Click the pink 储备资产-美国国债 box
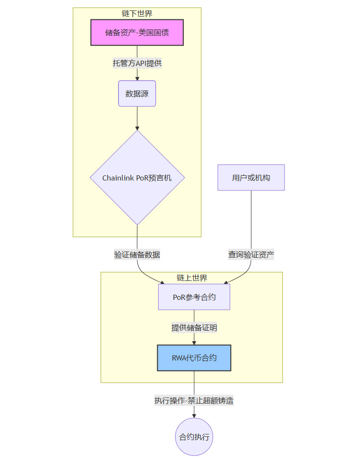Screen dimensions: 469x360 coord(137,33)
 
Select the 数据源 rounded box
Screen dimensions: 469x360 coord(137,93)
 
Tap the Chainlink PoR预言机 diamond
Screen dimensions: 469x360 coord(137,178)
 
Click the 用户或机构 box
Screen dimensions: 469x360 coord(251,178)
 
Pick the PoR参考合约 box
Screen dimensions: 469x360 coord(194,297)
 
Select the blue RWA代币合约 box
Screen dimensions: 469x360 coord(194,358)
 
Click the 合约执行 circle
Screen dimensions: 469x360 coord(194,437)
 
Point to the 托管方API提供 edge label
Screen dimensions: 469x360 coord(137,63)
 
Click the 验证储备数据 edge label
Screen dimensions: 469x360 coord(137,254)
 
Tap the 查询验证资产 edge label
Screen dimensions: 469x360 coord(251,254)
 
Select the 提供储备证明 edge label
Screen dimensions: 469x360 coord(194,327)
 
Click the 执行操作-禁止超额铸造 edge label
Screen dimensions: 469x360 coord(194,400)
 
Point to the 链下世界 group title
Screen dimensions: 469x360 coord(137,13)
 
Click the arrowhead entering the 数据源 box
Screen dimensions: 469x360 coord(137,78)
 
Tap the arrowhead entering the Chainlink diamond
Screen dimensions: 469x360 coord(137,127)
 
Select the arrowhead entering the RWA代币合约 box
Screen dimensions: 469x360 coord(194,343)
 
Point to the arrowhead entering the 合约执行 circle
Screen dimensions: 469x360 coord(194,415)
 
